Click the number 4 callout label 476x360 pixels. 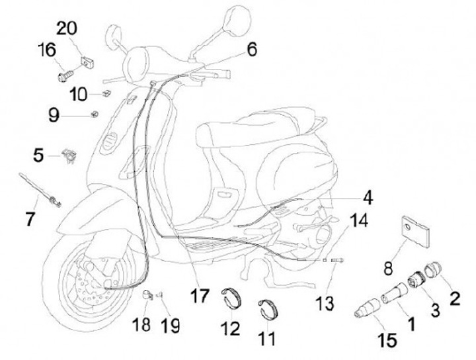(367, 197)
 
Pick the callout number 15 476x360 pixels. (387, 341)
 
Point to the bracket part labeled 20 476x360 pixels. (86, 61)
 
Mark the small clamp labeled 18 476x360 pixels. (149, 295)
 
